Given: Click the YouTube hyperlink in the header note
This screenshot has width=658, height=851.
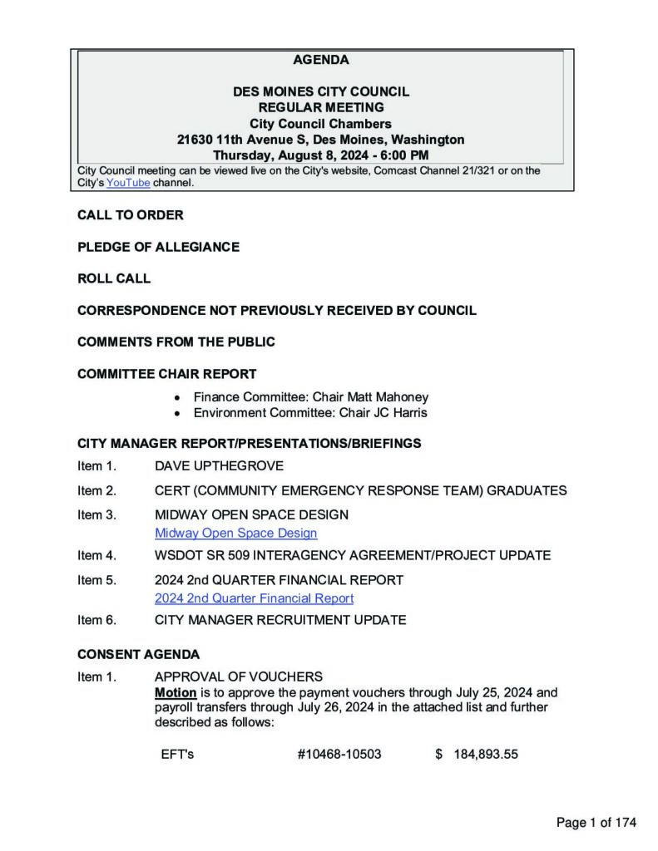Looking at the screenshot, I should pyautogui.click(x=128, y=183).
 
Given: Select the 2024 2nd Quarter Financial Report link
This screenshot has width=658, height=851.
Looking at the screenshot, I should pyautogui.click(x=254, y=598).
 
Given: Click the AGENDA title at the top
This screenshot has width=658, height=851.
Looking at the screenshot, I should pyautogui.click(x=321, y=60).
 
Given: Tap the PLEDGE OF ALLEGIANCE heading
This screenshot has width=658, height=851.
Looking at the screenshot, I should pyautogui.click(x=158, y=247).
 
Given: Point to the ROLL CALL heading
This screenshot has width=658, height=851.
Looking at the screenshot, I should pyautogui.click(x=114, y=278).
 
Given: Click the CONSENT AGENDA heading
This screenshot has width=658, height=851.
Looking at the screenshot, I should pyautogui.click(x=138, y=655).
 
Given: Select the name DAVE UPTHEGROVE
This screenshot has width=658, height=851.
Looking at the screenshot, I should pyautogui.click(x=219, y=466).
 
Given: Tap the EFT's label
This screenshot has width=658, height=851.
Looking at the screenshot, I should pyautogui.click(x=177, y=755).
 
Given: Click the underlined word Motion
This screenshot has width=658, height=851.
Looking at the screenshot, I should pyautogui.click(x=176, y=692).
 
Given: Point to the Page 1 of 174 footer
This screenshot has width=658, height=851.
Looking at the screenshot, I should pyautogui.click(x=596, y=823).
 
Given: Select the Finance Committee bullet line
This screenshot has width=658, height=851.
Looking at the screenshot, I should pyautogui.click(x=310, y=397).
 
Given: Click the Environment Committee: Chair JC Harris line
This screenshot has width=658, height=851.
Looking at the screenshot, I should pyautogui.click(x=310, y=413).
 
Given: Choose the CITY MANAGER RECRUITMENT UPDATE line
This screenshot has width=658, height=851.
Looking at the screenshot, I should pyautogui.click(x=280, y=620).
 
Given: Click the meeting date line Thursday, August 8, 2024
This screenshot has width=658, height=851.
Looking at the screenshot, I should pyautogui.click(x=321, y=155).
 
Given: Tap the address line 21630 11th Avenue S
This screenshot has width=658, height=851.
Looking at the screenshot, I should pyautogui.click(x=321, y=140).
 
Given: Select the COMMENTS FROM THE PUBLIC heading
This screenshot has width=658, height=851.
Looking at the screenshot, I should pyautogui.click(x=176, y=342).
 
